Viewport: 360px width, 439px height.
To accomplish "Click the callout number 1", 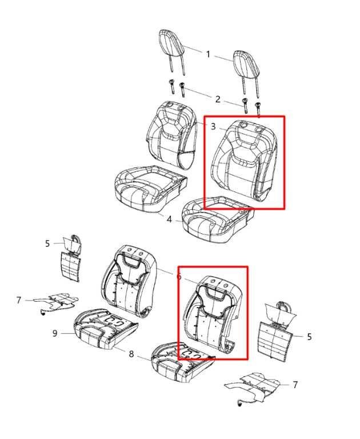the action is point(208,54).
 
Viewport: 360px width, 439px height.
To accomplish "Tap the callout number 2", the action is point(218,99).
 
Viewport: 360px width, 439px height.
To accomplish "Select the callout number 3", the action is point(213,126).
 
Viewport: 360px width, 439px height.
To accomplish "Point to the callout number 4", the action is point(169,219).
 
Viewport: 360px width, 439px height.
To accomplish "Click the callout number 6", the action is point(179,277).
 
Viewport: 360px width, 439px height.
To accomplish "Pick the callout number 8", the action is point(131,354).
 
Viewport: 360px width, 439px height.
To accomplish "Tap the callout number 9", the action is point(55,333).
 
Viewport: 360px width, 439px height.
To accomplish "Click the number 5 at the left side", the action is point(47,244).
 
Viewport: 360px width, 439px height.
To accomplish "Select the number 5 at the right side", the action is point(309,337).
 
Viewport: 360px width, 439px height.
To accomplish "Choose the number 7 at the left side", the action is point(18,300).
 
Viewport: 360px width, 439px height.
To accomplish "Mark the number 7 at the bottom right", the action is point(295,385).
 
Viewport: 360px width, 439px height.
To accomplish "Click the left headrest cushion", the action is point(171,45).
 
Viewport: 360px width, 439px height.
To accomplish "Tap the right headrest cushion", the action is point(246,65).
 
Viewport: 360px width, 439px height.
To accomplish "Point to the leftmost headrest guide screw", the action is point(171,87).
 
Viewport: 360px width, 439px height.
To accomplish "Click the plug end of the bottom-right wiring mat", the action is point(239,404).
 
